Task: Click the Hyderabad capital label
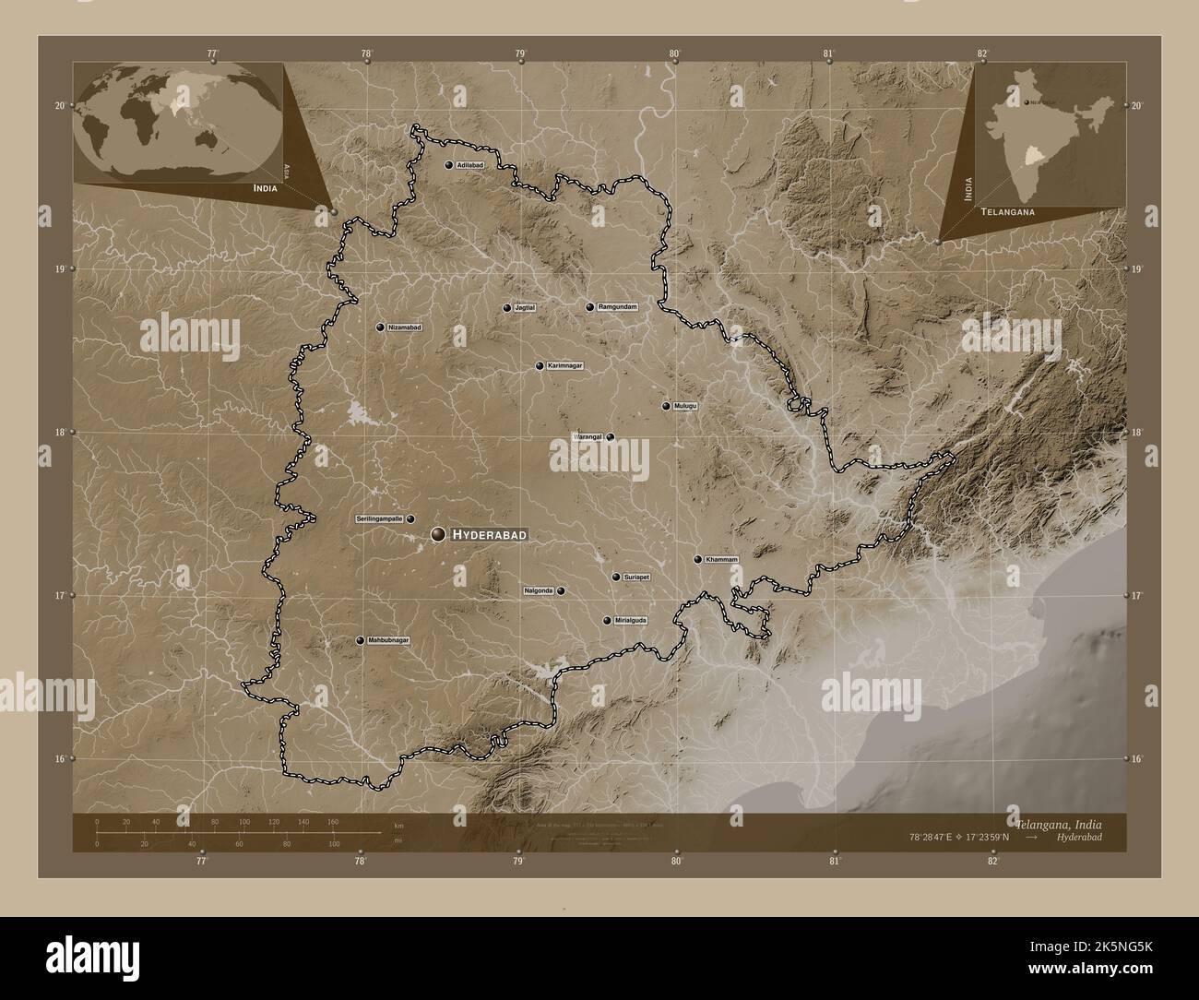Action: coord(489,535)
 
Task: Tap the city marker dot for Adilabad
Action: coord(448,165)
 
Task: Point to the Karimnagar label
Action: coord(565,366)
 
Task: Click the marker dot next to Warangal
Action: coord(610,437)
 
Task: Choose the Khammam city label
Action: coord(722,559)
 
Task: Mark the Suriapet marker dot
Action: coord(616,577)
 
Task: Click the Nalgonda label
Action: coord(539,590)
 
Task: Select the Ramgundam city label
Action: coord(617,306)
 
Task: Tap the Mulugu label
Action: coord(685,406)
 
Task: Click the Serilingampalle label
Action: coord(380,519)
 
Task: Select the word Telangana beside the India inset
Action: coord(1008,211)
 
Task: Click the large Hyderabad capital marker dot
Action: coord(438,534)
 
